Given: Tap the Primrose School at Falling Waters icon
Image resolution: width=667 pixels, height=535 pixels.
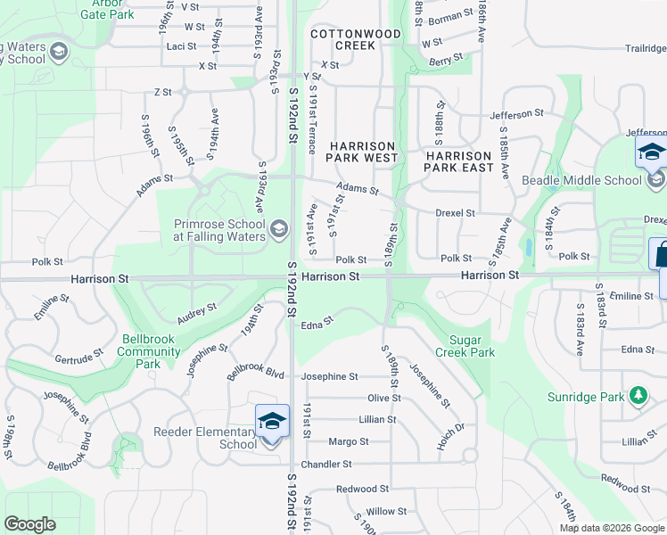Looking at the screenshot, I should [279, 230].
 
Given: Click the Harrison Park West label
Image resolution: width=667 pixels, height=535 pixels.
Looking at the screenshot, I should [362, 152].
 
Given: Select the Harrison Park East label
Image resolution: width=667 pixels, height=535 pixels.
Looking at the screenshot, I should [458, 161].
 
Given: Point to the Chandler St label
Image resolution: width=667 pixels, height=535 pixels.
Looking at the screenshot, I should [326, 465].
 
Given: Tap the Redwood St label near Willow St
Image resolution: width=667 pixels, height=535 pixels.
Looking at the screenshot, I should [363, 489].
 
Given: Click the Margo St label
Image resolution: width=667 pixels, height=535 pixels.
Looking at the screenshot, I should [349, 441].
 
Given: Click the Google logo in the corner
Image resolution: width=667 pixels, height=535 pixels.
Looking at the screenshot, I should [29, 524].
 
